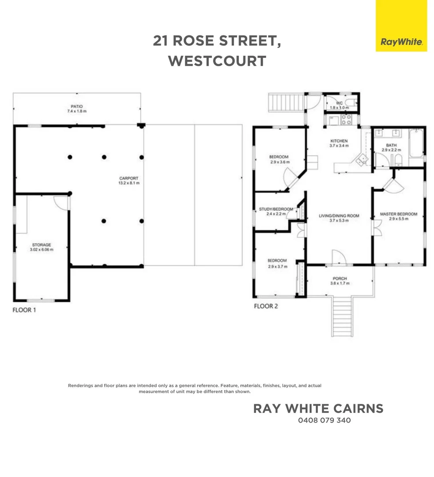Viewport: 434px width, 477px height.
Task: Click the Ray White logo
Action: click(x=401, y=42)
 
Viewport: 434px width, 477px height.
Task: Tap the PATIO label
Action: click(x=76, y=106)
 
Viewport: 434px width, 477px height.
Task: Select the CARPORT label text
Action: click(x=126, y=178)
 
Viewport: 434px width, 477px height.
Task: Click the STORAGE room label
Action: click(x=42, y=245)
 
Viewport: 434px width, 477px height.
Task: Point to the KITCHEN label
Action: click(x=339, y=141)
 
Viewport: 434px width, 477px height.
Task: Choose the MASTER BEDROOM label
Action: click(x=398, y=215)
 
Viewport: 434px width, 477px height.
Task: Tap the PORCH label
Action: click(x=340, y=279)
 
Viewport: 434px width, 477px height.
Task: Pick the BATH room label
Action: click(x=391, y=145)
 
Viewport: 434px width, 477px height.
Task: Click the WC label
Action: click(x=339, y=103)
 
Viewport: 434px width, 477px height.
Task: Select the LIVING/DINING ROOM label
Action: click(x=339, y=216)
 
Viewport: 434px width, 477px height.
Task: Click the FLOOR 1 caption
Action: click(x=24, y=310)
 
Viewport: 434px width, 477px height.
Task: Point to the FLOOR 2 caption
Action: click(x=265, y=306)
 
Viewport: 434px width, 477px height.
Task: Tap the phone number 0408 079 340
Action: click(x=324, y=420)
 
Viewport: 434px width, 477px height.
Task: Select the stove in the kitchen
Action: click(x=345, y=120)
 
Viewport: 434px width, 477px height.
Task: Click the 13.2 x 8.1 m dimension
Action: click(x=126, y=183)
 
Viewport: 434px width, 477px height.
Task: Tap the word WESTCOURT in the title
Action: click(x=217, y=61)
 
